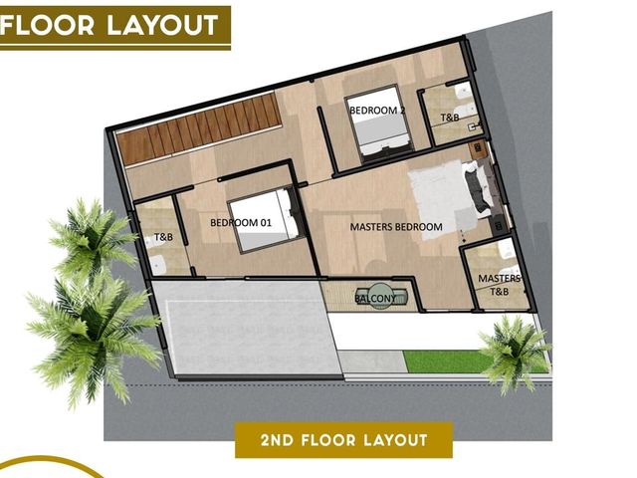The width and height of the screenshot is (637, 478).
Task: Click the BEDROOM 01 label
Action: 241,223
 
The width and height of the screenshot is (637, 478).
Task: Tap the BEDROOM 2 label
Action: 377,111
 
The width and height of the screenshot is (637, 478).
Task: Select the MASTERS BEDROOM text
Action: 396,227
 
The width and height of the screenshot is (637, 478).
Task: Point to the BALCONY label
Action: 375,299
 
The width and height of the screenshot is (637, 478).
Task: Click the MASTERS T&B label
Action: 500,285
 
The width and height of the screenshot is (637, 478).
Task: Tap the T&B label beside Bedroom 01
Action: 163,237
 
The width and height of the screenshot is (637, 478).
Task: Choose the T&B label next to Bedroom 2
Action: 450,118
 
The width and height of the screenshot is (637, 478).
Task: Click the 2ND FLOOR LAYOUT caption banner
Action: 343,440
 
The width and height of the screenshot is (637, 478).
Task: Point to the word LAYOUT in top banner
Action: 162,26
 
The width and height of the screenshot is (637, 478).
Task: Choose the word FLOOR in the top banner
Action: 48,26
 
